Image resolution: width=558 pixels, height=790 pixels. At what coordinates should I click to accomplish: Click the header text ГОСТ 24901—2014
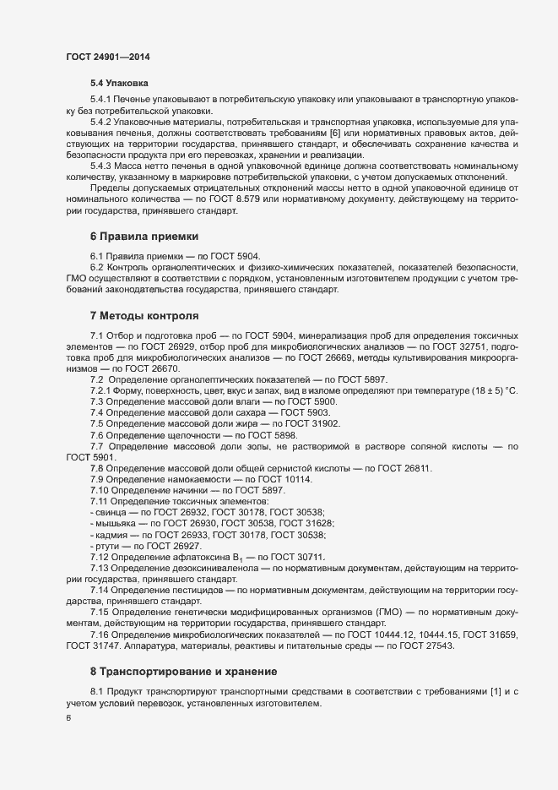coord(108,56)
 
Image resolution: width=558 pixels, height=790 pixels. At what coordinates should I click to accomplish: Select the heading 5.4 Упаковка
coord(120,84)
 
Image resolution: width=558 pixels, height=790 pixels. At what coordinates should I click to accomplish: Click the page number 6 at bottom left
coord(68,718)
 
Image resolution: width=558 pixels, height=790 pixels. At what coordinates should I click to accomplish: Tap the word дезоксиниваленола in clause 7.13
coord(209,569)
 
